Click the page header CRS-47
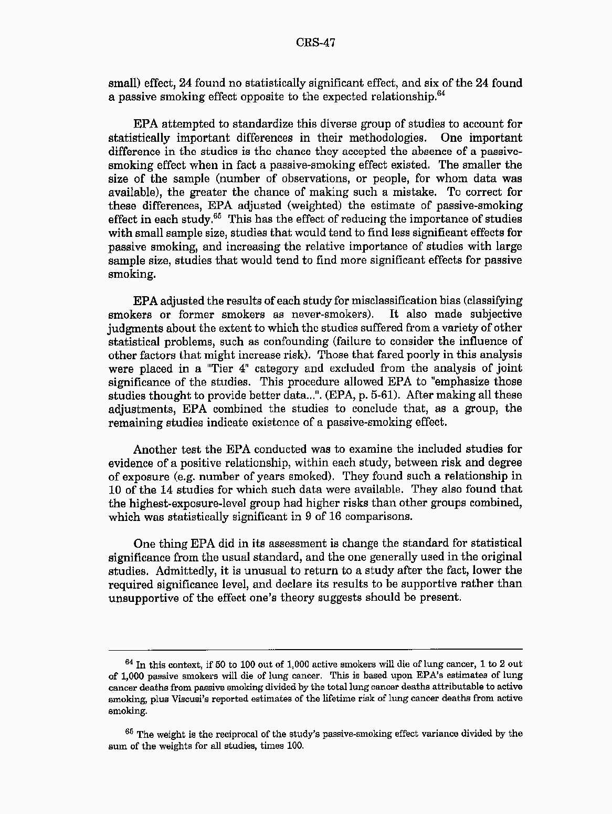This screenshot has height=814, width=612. pos(315,43)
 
